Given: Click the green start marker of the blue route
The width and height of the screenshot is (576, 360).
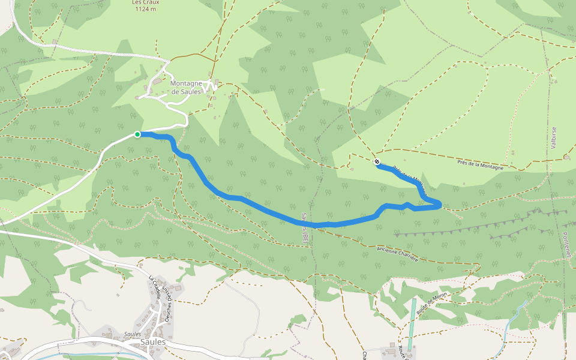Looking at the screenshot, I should [137, 134].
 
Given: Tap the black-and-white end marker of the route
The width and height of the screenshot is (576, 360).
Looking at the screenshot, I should [377, 161].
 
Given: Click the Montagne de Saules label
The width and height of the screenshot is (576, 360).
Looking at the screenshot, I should [186, 88].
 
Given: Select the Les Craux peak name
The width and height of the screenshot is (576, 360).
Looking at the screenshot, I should [146, 2].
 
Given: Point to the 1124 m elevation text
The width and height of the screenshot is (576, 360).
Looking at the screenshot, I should [146, 9].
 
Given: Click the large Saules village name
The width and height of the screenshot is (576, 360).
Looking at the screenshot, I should [152, 342].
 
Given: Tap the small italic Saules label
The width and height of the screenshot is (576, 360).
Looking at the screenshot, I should [133, 334].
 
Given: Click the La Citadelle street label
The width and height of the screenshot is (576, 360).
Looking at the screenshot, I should [155, 286].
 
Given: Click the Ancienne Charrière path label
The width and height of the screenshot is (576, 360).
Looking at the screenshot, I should [397, 253].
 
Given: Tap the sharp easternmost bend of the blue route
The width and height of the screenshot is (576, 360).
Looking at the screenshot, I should [441, 206].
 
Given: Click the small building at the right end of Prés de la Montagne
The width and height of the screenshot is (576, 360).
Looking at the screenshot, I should [567, 157].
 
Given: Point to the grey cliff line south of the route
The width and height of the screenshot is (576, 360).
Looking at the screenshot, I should [468, 229].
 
